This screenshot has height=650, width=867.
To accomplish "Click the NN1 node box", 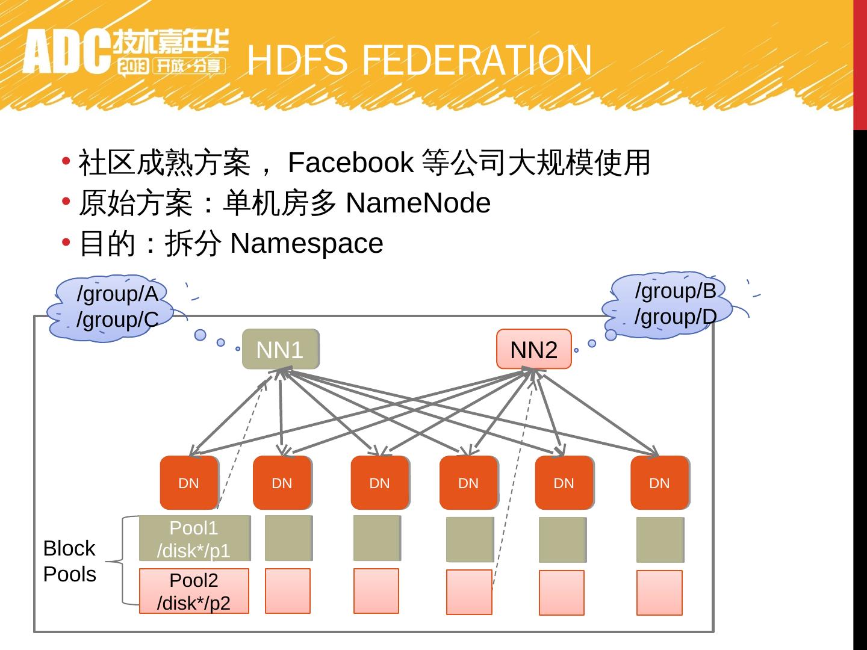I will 280,349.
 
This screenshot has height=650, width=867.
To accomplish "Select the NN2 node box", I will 533,349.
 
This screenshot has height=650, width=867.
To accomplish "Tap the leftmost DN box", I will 189,483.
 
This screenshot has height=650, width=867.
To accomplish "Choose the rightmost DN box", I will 659,483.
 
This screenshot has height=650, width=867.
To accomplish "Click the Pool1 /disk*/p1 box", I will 194,539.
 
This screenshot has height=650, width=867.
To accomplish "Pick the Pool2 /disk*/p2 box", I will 194,591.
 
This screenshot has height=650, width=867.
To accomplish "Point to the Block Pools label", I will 69,561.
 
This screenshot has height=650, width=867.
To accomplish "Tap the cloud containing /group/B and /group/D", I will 671,305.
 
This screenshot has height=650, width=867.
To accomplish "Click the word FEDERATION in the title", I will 478,61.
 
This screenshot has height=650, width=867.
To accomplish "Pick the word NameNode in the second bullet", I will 418,203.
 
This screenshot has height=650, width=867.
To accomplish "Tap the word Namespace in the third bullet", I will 306,243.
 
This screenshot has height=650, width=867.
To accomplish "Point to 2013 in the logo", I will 133,66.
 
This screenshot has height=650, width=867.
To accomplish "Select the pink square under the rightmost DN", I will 659,593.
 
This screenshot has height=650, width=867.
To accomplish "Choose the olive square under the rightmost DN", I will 660,540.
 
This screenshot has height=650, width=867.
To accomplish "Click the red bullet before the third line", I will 66,242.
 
